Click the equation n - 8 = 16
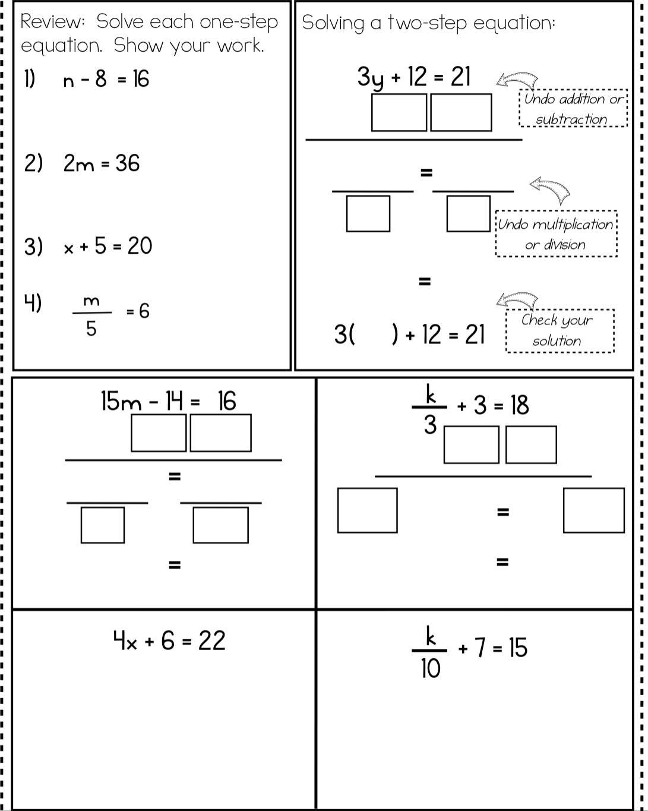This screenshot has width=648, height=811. pyautogui.click(x=106, y=79)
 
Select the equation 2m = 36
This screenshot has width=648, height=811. pyautogui.click(x=102, y=163)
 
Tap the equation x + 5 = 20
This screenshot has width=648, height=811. pyautogui.click(x=108, y=246)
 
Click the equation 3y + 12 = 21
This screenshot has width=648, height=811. pyautogui.click(x=414, y=77)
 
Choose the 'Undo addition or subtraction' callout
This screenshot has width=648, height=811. pyautogui.click(x=573, y=109)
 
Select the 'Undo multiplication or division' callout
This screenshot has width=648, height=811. pyautogui.click(x=556, y=234)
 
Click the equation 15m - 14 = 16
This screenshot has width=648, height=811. pyautogui.click(x=169, y=402)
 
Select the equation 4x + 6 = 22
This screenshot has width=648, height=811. pyautogui.click(x=170, y=641)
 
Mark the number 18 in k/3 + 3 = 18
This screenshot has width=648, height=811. pyautogui.click(x=519, y=405)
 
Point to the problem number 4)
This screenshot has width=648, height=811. pyautogui.click(x=33, y=303)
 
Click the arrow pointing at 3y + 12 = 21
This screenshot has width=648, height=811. pyautogui.click(x=517, y=81)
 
